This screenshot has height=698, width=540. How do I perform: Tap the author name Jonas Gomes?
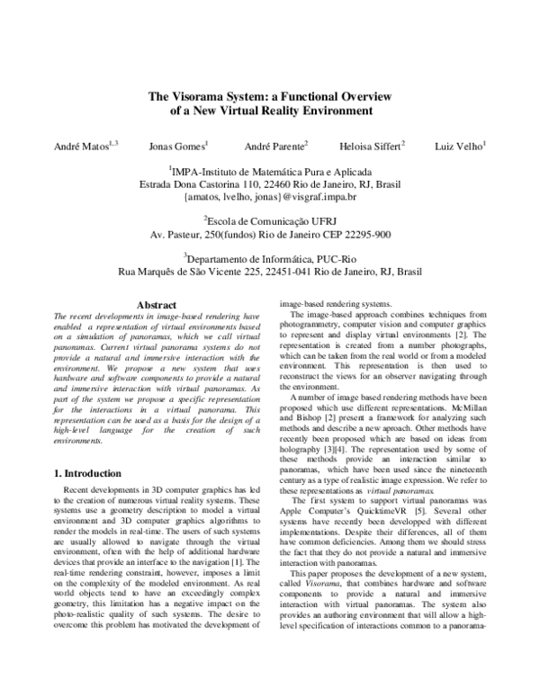[176, 145]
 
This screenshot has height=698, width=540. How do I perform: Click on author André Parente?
[274, 145]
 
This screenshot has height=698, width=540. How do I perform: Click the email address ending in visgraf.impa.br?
[269, 195]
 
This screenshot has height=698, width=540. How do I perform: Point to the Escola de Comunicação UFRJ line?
[269, 220]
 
